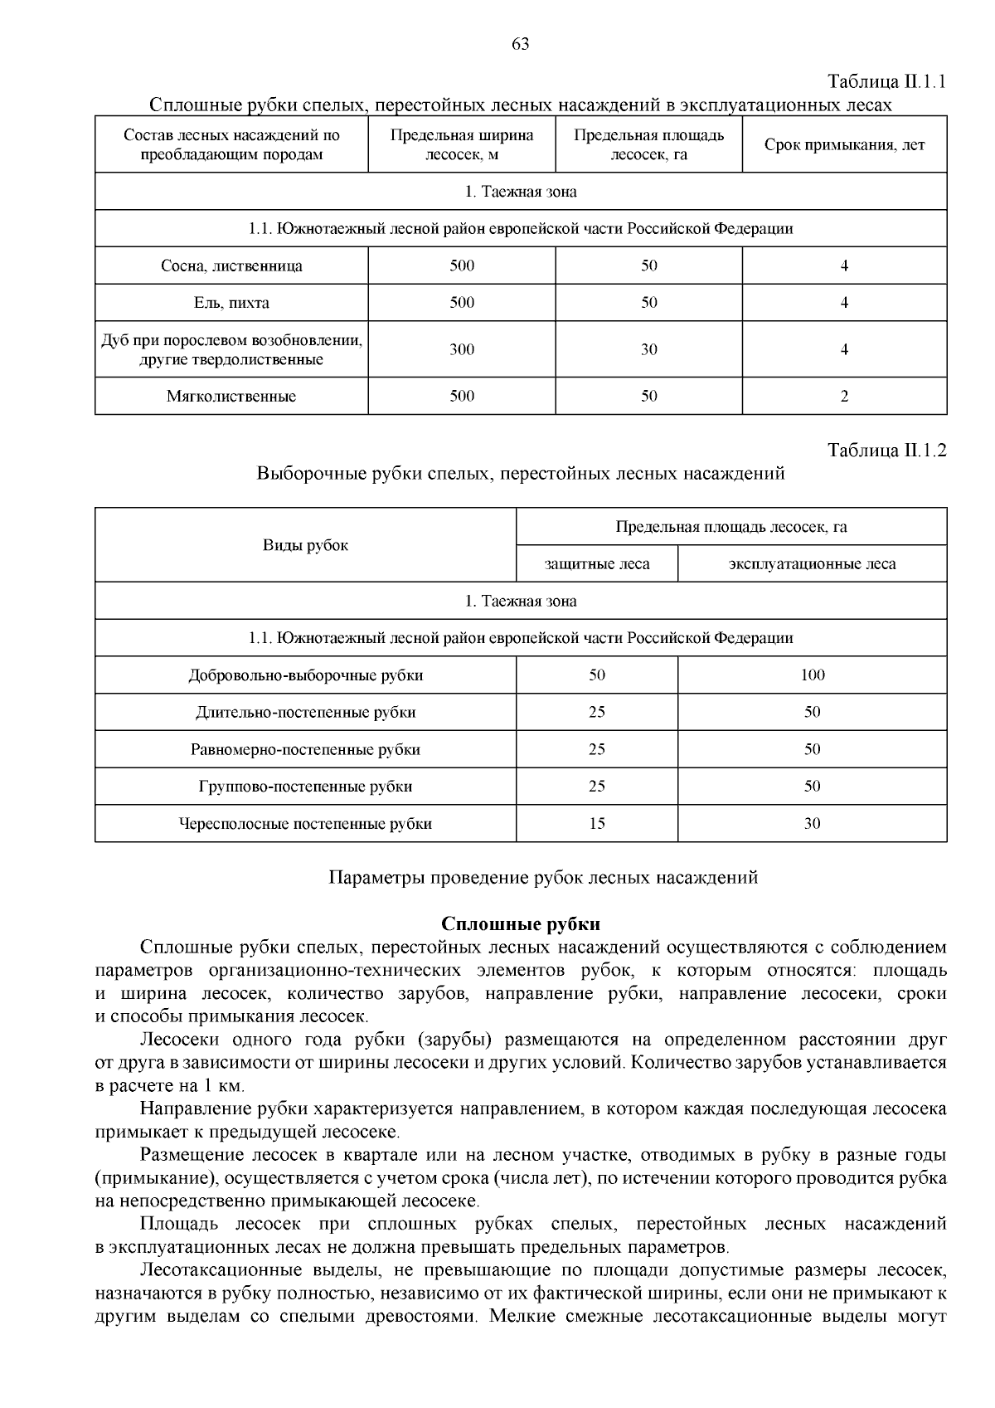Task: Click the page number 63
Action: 521,45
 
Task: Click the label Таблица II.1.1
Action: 887,81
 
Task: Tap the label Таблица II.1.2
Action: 887,451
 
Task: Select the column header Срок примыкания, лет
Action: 844,145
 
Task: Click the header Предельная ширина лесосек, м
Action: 462,144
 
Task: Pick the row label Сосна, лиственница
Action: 231,266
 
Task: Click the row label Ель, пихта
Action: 231,303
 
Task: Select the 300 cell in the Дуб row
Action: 462,349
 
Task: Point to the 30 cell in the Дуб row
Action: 648,349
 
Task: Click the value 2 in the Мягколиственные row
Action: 844,397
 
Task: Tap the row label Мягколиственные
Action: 231,397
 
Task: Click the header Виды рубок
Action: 305,545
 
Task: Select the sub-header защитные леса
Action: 597,564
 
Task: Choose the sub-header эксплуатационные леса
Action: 812,564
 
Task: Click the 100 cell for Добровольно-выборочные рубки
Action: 812,675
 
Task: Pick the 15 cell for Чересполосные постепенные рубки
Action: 597,824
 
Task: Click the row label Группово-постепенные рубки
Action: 305,787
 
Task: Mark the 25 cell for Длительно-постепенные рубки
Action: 597,713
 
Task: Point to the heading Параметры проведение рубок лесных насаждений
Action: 543,878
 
